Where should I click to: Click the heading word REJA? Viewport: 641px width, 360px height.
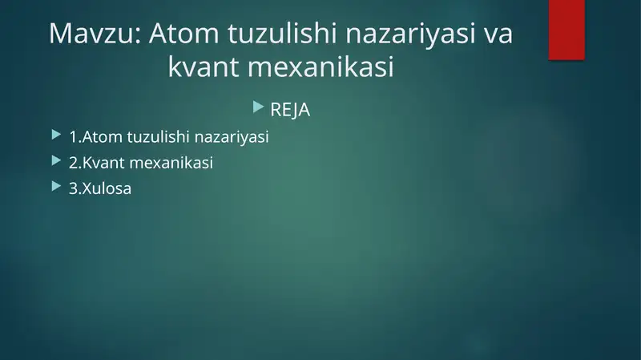click(290, 110)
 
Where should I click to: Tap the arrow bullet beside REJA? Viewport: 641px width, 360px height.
click(257, 106)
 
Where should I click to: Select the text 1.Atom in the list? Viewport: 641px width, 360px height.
click(95, 137)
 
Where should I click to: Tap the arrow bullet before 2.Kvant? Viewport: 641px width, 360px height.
click(54, 160)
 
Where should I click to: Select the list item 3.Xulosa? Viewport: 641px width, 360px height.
click(100, 189)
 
